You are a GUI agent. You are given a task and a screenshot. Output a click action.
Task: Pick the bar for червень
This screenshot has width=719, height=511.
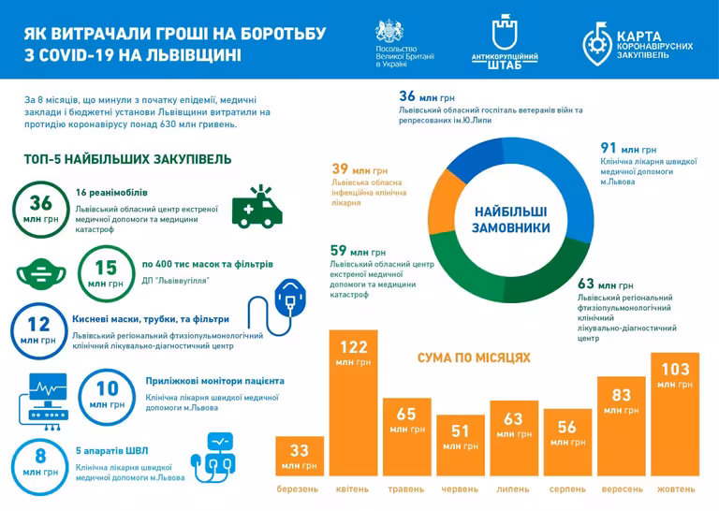click(460, 447)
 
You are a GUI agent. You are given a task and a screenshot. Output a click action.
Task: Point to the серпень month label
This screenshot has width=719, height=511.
click(567, 489)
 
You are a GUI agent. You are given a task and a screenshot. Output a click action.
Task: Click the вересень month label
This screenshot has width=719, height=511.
click(621, 489)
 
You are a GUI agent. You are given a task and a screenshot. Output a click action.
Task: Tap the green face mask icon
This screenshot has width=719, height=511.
click(39, 272)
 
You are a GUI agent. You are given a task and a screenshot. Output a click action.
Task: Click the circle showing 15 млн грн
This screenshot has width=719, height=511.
click(106, 272)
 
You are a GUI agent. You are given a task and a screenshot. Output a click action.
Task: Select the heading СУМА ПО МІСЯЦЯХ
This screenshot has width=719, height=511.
click(474, 358)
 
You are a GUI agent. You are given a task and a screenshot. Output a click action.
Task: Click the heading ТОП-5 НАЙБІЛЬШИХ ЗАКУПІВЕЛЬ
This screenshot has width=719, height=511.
click(128, 160)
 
